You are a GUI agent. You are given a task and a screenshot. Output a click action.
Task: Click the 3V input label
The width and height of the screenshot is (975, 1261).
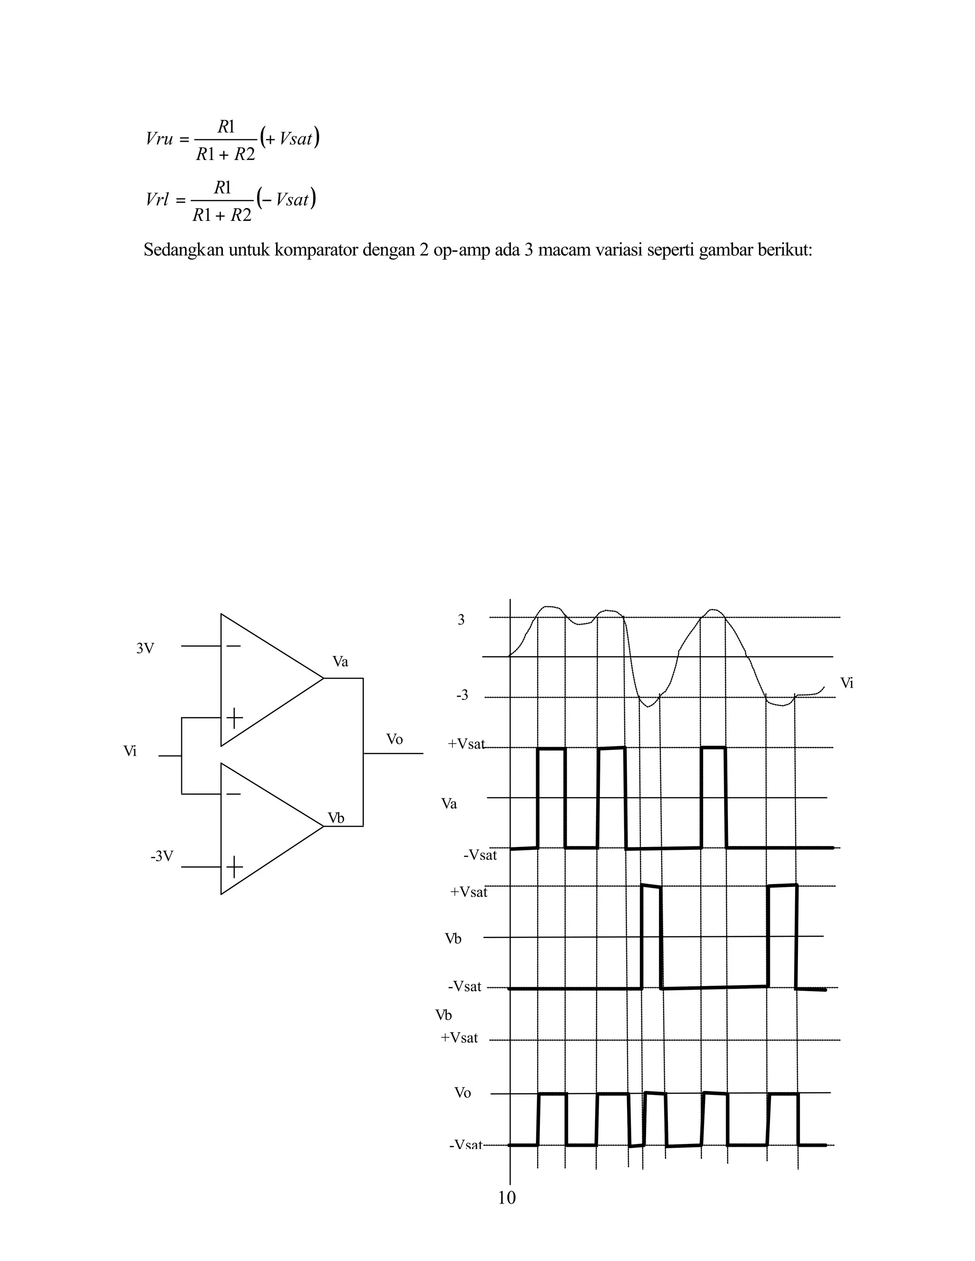pos(145,649)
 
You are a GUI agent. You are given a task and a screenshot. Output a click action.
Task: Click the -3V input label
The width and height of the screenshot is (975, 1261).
pos(162,856)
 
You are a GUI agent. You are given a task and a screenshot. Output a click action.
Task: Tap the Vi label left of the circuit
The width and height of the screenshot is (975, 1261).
pos(130,751)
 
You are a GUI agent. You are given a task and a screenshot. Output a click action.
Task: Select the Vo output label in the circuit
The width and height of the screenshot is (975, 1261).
pos(395,739)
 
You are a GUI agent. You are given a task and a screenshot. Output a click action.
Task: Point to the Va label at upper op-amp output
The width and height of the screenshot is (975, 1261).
pos(340,662)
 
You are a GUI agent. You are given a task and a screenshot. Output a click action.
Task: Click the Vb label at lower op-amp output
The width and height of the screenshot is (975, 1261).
pos(336,818)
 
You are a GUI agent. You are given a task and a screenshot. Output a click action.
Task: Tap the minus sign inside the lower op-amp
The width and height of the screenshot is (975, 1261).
pos(233,795)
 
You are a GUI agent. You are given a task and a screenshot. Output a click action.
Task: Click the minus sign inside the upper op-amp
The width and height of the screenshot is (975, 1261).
pos(233,646)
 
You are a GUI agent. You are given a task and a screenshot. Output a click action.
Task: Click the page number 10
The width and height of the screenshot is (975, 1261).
pos(507,1198)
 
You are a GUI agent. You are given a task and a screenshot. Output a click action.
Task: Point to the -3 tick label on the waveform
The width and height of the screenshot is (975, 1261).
pos(462,696)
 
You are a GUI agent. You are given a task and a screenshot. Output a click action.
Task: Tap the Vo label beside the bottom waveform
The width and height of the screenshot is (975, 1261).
pos(463,1093)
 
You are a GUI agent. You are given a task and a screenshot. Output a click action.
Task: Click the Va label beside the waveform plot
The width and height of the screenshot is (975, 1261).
pos(449,804)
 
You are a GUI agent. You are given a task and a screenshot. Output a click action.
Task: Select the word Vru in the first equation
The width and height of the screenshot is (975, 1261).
pos(159,139)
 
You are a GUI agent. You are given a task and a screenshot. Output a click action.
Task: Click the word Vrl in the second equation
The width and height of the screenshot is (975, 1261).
pos(158,200)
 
